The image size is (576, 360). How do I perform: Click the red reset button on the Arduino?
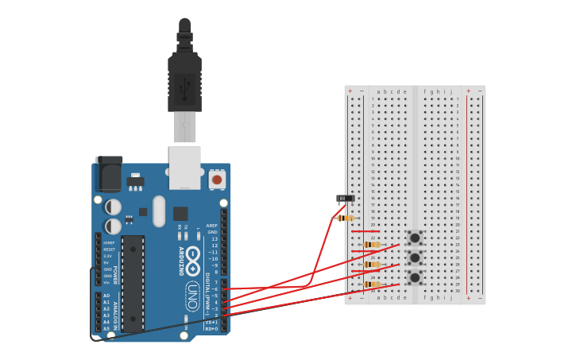tap(217, 180)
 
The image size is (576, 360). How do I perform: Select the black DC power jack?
tap(110, 172)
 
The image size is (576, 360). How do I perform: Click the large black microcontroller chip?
tap(133, 282)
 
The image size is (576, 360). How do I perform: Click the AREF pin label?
tap(212, 226)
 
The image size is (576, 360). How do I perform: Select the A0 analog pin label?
tap(106, 296)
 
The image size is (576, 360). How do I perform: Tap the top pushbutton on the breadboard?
tap(415, 238)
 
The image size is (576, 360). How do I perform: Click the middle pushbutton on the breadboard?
tap(415, 257)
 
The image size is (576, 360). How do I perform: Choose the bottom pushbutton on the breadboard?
tap(415, 277)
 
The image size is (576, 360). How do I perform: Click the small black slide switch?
tap(346, 198)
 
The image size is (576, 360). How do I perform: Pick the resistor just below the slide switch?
tap(346, 218)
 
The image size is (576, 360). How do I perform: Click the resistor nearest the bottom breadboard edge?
tap(372, 284)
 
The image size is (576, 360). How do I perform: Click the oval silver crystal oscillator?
tap(159, 211)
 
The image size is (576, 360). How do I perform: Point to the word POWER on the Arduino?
tap(114, 274)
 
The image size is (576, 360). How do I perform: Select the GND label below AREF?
tap(212, 232)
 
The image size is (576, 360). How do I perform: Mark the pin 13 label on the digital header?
tap(214, 238)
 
